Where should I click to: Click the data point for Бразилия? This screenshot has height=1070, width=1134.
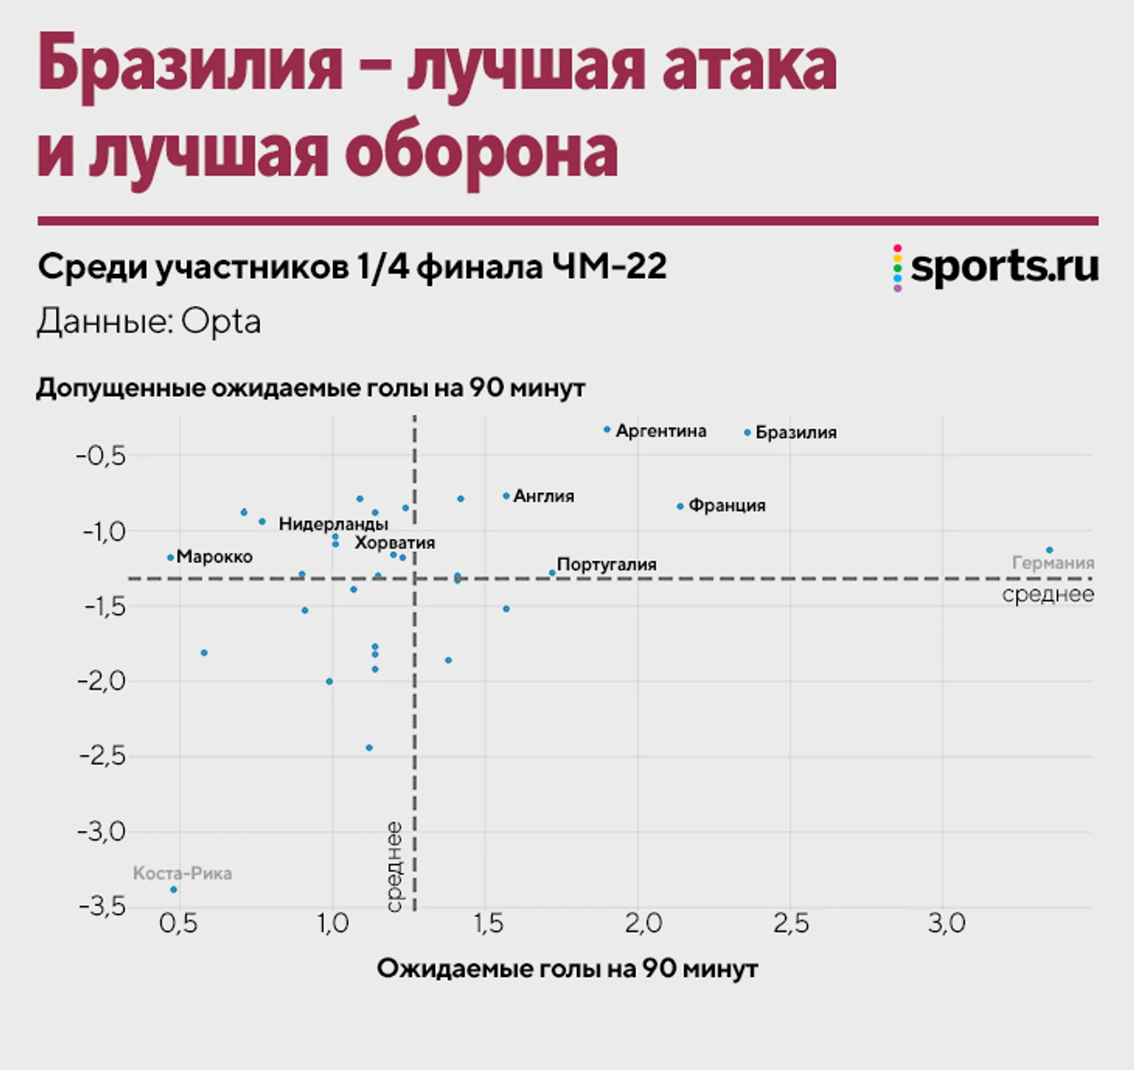(x=747, y=433)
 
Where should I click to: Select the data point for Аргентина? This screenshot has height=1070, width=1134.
(x=607, y=429)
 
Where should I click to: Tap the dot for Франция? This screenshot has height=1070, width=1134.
(x=680, y=506)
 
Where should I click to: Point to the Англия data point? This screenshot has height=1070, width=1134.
(x=506, y=495)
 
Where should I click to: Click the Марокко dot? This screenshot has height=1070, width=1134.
(x=170, y=558)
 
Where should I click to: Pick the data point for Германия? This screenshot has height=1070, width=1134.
(x=1049, y=550)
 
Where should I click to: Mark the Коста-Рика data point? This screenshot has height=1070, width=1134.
(x=173, y=889)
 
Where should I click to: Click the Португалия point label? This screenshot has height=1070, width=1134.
(x=607, y=565)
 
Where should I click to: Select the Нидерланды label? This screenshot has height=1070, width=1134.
(x=333, y=523)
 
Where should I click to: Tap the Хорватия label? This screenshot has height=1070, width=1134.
(x=395, y=543)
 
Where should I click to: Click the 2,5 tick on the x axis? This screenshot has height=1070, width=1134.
(x=791, y=923)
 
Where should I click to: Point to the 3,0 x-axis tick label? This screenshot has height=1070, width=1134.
(x=946, y=923)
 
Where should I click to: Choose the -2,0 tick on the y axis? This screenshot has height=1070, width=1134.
(x=102, y=681)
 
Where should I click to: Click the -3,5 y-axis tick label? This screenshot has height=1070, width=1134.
(x=102, y=905)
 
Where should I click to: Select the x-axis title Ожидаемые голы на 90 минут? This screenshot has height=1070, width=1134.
(x=567, y=968)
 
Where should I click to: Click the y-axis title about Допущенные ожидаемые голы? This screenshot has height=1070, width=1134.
(x=311, y=387)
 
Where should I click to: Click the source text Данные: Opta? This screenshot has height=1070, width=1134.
(x=149, y=321)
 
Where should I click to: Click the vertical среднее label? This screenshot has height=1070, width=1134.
(x=394, y=867)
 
